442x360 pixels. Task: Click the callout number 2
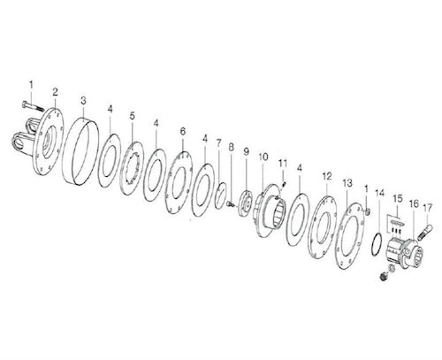pyautogui.click(x=55, y=92)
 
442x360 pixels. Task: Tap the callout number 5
pyautogui.click(x=132, y=116)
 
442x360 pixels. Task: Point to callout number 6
pyautogui.click(x=182, y=131)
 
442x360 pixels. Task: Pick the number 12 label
pyautogui.click(x=326, y=175)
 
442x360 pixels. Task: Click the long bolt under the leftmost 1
pyautogui.click(x=33, y=114)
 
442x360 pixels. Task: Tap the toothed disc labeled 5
pyautogui.click(x=137, y=165)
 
